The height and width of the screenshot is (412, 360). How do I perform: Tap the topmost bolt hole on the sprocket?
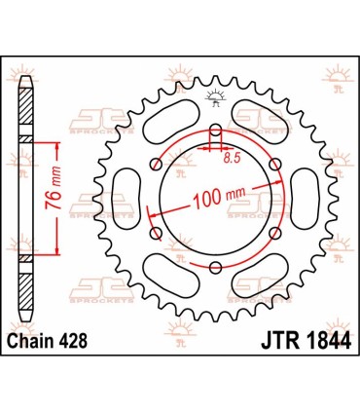pos(215,131)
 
